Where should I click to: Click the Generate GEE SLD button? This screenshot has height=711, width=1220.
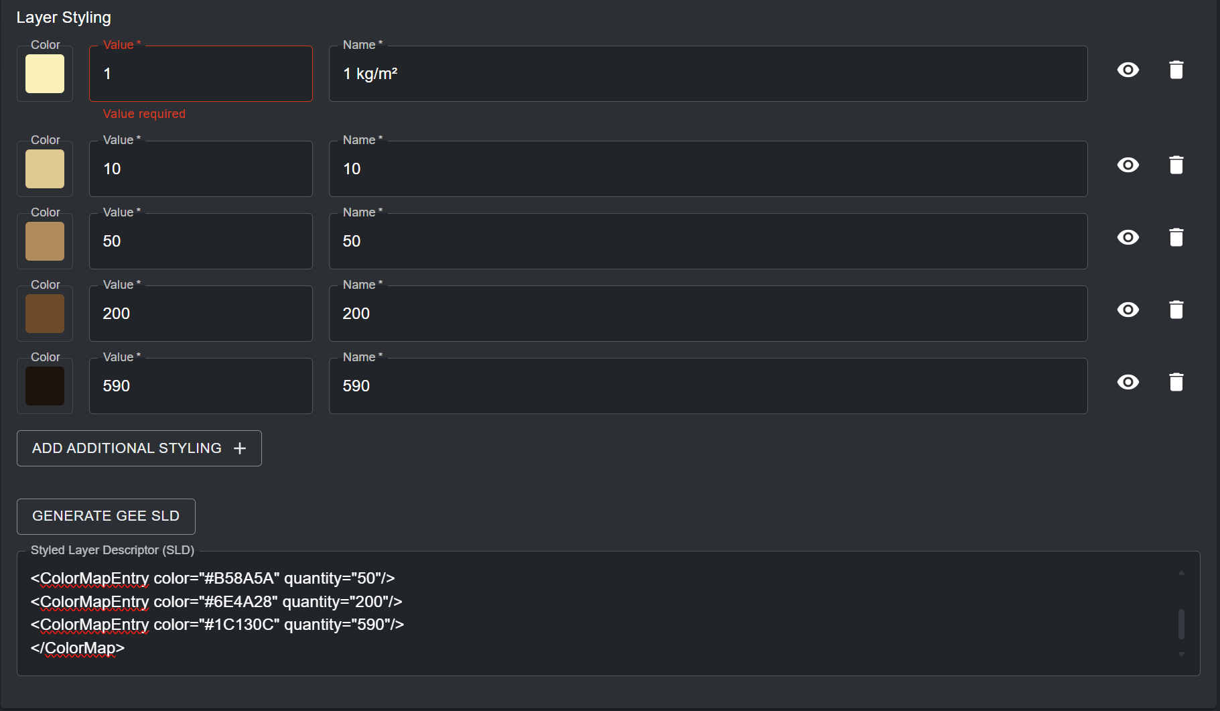106,516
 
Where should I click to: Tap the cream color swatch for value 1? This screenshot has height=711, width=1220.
45,74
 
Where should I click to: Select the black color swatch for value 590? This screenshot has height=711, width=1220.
45,386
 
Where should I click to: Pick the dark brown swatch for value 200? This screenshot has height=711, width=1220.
45,314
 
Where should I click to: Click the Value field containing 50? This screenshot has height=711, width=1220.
200,241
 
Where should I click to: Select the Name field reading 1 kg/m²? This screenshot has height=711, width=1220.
707,74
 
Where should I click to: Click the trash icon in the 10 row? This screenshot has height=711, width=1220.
1176,165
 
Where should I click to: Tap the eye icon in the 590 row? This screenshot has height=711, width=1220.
1128,382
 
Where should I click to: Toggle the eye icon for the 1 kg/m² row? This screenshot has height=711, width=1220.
1128,70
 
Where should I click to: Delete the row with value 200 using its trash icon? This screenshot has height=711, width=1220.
1176,310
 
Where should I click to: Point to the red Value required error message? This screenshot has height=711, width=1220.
144,114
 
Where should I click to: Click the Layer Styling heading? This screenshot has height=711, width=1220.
64,17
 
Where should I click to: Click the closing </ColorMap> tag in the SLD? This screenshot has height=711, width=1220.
78,648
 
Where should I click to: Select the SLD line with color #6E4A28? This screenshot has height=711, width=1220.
216,602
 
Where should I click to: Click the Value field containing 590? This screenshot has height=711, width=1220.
200,386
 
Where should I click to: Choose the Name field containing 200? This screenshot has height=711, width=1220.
707,314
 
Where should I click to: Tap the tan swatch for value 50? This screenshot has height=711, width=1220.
45,241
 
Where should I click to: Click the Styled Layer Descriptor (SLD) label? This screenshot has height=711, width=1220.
113,550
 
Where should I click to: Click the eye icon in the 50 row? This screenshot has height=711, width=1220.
1128,237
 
